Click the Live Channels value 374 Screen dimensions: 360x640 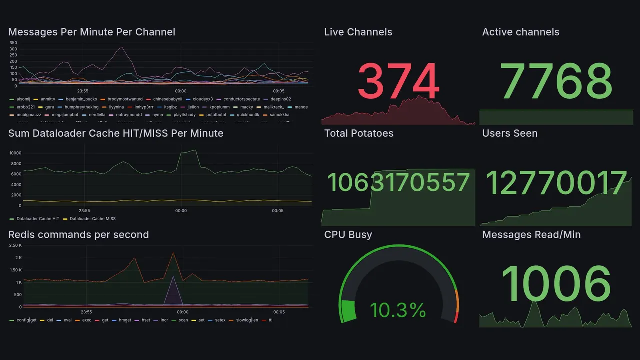point(398,81)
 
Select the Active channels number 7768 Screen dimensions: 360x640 point(557,81)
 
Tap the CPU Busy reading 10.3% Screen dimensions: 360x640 point(398,310)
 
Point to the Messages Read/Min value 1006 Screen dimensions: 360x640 point(556,284)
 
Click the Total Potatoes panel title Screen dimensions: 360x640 point(358,133)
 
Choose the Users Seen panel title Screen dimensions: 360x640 point(509,133)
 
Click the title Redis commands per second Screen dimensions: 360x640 point(78,235)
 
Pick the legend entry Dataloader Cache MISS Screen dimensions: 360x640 point(92,219)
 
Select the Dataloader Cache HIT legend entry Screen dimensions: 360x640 point(38,219)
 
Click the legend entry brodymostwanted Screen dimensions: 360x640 point(125,99)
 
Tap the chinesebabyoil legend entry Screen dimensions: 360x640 point(167,99)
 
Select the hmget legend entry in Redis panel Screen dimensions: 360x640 point(124,320)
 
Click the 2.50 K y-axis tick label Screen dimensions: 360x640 point(15,245)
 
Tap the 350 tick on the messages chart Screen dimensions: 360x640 point(13,43)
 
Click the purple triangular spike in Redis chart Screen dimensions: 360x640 point(173,290)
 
